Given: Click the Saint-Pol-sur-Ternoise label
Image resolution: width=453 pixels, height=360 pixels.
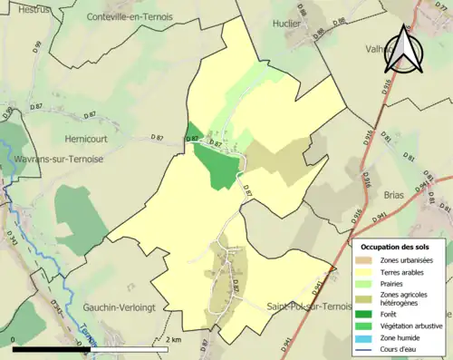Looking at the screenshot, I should click(x=310, y=306).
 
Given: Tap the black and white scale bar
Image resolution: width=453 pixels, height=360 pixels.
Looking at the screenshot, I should click(x=90, y=347).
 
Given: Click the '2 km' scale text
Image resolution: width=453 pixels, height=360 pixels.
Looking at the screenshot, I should click(x=172, y=339).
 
